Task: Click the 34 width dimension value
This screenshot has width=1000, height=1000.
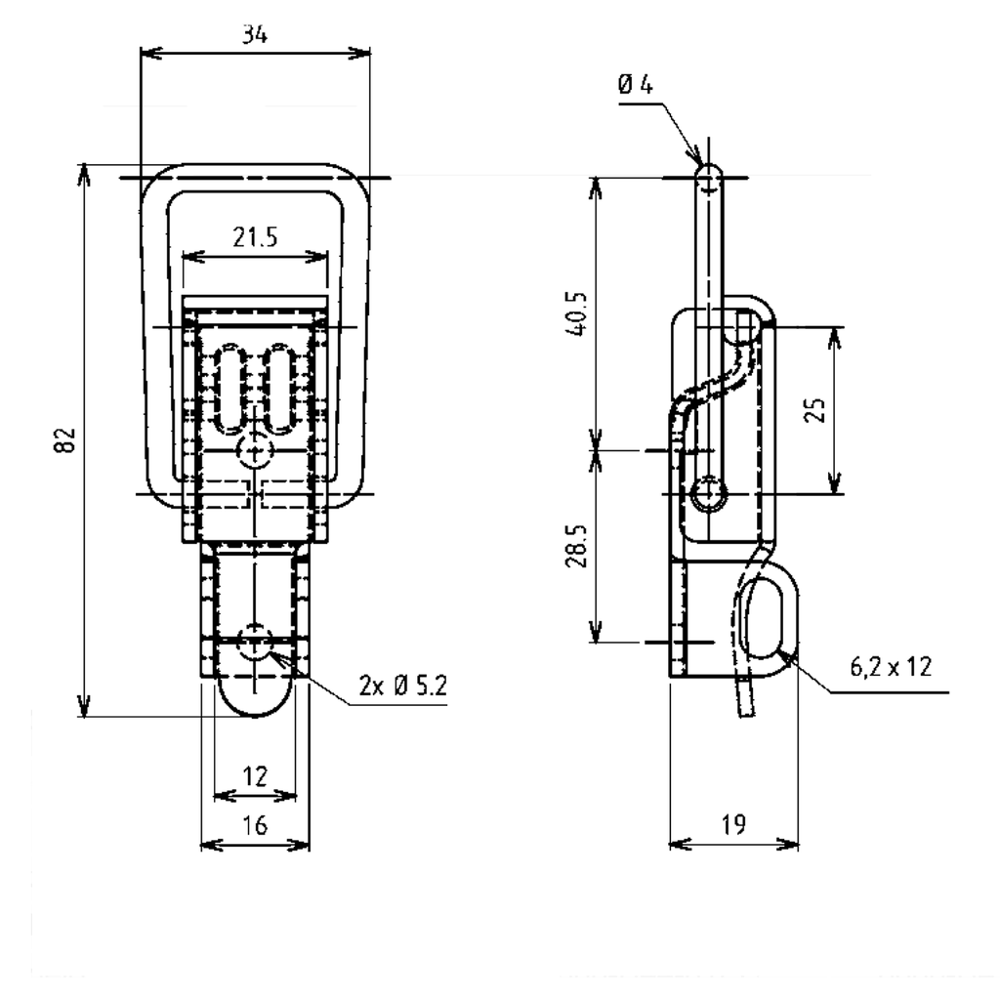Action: [256, 35]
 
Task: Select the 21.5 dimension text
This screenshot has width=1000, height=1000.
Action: [255, 236]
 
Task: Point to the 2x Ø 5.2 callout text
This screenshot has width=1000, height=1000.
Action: [401, 687]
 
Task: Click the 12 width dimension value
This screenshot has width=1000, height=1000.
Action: [254, 776]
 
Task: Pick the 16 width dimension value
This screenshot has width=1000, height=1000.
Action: [254, 826]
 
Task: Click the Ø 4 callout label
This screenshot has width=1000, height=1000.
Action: [635, 86]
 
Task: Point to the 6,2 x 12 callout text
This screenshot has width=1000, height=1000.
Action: [890, 667]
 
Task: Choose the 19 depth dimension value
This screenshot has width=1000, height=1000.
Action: [732, 825]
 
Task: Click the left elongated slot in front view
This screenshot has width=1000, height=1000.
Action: [231, 387]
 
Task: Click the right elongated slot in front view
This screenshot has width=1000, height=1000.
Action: [279, 387]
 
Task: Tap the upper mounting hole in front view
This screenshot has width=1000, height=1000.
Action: [255, 450]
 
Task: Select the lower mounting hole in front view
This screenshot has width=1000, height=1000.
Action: [255, 642]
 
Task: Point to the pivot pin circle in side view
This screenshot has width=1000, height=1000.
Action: [707, 494]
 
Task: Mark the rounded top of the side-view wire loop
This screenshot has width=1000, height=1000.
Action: [710, 174]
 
